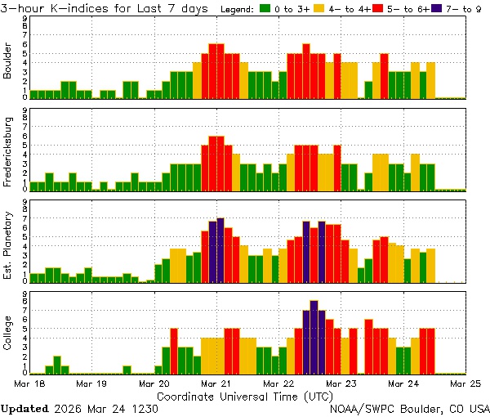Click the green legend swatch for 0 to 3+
(266, 9)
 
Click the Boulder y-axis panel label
(8, 61)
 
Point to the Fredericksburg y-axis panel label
(8, 154)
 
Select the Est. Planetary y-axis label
(8, 243)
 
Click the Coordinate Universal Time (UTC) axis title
(245, 396)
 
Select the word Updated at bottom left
(24, 408)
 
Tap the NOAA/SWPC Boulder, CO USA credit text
(410, 408)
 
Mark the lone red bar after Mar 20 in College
(174, 350)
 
